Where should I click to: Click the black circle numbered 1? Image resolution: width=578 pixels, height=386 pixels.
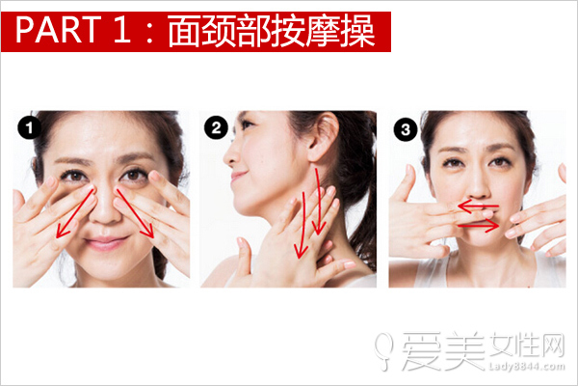(29, 127)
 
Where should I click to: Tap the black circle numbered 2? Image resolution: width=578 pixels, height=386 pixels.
(216, 127)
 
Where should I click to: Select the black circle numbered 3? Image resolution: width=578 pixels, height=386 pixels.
(406, 129)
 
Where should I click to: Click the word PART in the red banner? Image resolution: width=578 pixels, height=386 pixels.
(58, 30)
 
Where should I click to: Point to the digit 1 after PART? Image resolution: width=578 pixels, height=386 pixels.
(122, 30)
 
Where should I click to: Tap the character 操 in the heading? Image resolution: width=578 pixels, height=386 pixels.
(358, 32)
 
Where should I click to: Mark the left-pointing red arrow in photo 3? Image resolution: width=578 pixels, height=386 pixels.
(478, 207)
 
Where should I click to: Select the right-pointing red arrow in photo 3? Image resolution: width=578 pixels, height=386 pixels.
(478, 225)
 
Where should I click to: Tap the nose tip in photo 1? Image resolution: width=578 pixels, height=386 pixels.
(106, 216)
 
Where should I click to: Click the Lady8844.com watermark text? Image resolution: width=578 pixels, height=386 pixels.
(526, 367)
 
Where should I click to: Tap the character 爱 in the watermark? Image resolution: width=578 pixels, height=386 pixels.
(421, 350)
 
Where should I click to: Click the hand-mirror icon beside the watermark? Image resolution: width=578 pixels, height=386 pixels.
(383, 349)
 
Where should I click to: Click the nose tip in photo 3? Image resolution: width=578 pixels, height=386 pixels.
(478, 192)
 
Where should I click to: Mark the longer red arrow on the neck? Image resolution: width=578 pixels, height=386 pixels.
(303, 224)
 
